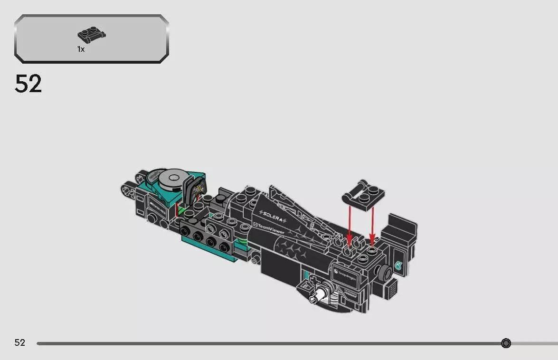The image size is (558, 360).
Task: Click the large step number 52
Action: click(x=28, y=84)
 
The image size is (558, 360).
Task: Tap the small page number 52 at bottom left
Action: click(x=20, y=343)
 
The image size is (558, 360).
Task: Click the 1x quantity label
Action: click(x=81, y=49)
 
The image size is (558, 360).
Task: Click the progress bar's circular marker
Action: click(x=506, y=343)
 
